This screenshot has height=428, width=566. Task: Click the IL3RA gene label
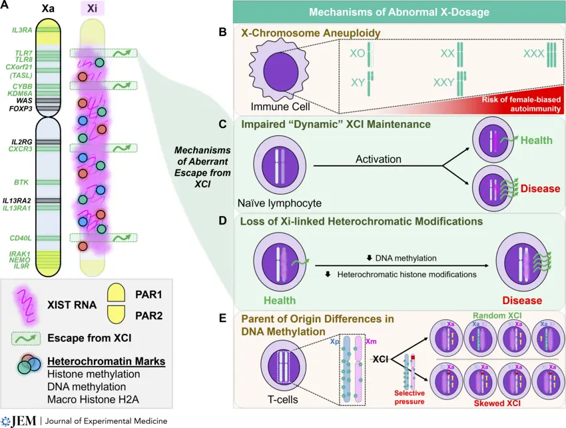21,30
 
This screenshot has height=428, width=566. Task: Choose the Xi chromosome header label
92,10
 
